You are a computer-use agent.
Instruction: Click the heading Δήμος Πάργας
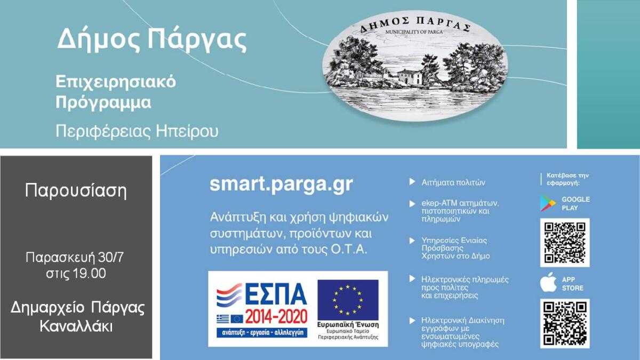coord(152,39)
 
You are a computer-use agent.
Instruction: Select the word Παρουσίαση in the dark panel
coord(76,190)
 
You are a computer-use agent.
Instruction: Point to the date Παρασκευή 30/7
coord(75,258)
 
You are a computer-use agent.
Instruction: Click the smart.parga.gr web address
coord(281,183)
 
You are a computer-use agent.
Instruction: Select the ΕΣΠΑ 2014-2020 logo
coord(261,309)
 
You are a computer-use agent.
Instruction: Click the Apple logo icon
coord(548,283)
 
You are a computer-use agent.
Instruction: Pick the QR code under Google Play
coord(565,242)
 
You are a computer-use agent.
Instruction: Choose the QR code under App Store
coord(565,323)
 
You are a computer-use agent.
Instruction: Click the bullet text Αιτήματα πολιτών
coord(453,182)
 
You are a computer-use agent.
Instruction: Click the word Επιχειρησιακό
coord(116,83)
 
